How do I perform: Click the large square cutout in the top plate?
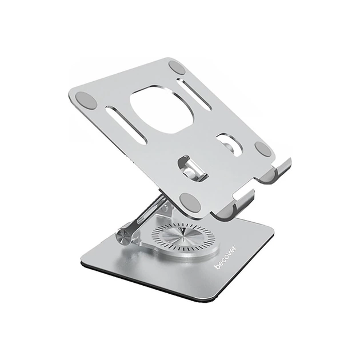click(x=161, y=109)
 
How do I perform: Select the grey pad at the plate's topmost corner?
click(x=177, y=67)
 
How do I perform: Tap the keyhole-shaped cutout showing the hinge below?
click(x=190, y=166)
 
